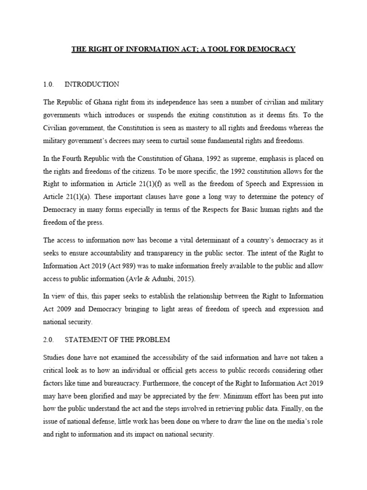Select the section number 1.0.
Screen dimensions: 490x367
coord(49,84)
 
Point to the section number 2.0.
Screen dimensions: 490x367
coord(49,340)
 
